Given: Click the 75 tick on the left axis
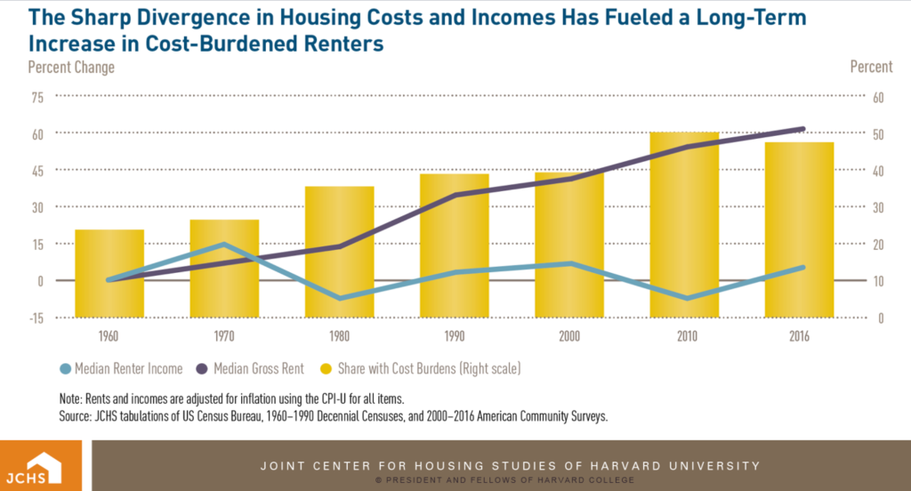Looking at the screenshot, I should pyautogui.click(x=37, y=97).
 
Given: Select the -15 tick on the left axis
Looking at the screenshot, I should pyautogui.click(x=36, y=318).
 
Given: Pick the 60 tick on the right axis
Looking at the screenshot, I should pyautogui.click(x=876, y=97).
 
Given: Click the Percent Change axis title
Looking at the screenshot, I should pyautogui.click(x=71, y=67).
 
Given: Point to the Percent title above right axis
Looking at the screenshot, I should pyautogui.click(x=871, y=67).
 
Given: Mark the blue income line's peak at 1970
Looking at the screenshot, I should pyautogui.click(x=225, y=244).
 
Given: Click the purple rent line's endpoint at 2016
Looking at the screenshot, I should pyautogui.click(x=802, y=129).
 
